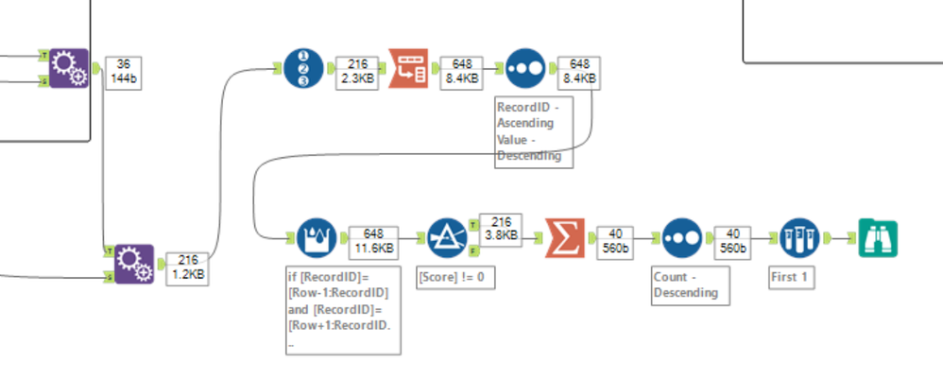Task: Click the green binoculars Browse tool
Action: [878, 238]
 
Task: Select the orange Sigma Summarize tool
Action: [565, 238]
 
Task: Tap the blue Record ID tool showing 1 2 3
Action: [305, 68]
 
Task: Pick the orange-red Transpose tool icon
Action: [409, 68]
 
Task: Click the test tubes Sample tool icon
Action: [799, 238]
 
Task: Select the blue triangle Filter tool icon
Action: [447, 238]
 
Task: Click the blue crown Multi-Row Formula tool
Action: [317, 238]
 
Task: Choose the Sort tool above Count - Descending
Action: [681, 238]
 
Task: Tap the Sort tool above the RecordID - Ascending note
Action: [524, 68]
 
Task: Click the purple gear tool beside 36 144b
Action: [68, 68]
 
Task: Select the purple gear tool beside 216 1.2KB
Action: [134, 264]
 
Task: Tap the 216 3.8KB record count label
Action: [501, 228]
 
